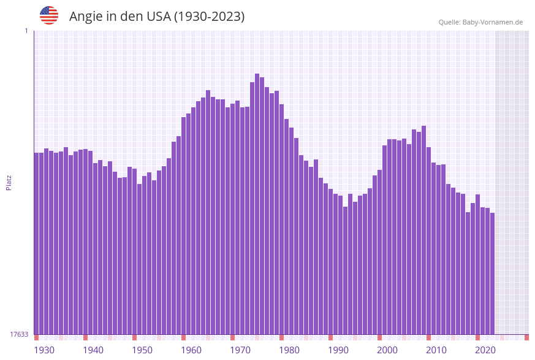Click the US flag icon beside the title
tap(49, 15)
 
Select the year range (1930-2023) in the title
tap(209, 17)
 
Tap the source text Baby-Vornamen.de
tap(493, 22)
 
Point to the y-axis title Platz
tap(9, 182)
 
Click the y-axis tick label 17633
tap(19, 334)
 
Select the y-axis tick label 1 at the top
tap(26, 31)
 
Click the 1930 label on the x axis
tap(44, 350)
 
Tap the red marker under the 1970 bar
tap(232, 337)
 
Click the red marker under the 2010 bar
tap(428, 337)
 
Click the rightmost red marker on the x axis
tap(526, 337)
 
